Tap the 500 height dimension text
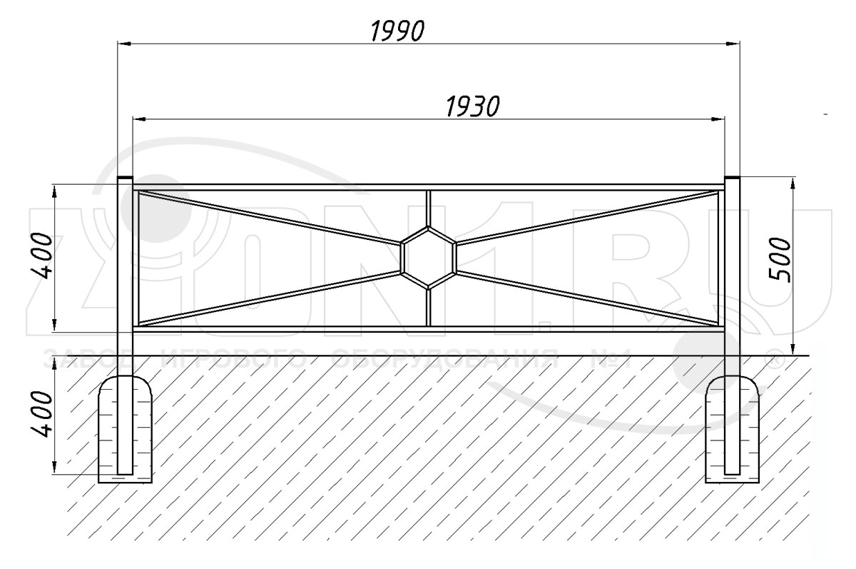tap(780, 260)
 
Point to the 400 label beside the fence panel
tap(41, 256)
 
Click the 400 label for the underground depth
tap(41, 414)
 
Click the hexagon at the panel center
tap(429, 258)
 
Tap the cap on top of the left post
tap(125, 178)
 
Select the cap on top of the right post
tap(732, 178)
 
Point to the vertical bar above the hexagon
tap(429, 208)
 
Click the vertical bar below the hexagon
tap(429, 308)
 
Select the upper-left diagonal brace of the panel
tap(270, 217)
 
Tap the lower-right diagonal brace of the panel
tap(587, 298)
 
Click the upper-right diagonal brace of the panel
tap(587, 217)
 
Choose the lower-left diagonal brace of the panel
tap(270, 298)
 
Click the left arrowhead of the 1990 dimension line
tap(124, 44)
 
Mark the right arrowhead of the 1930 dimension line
tap(718, 120)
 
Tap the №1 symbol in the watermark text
tap(611, 359)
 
